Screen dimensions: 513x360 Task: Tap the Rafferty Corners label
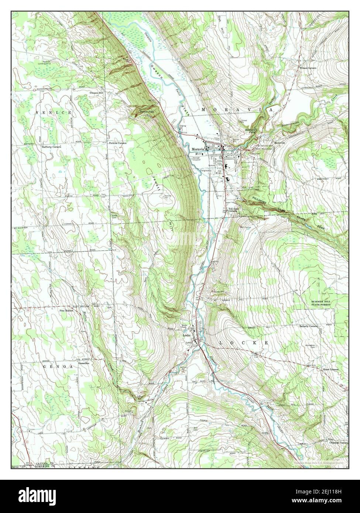click(51, 147)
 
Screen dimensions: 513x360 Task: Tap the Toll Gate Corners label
click(232, 210)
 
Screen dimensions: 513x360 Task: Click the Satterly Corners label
click(309, 326)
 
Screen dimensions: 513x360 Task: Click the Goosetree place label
click(85, 363)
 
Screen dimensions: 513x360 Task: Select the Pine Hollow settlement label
click(67, 311)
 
